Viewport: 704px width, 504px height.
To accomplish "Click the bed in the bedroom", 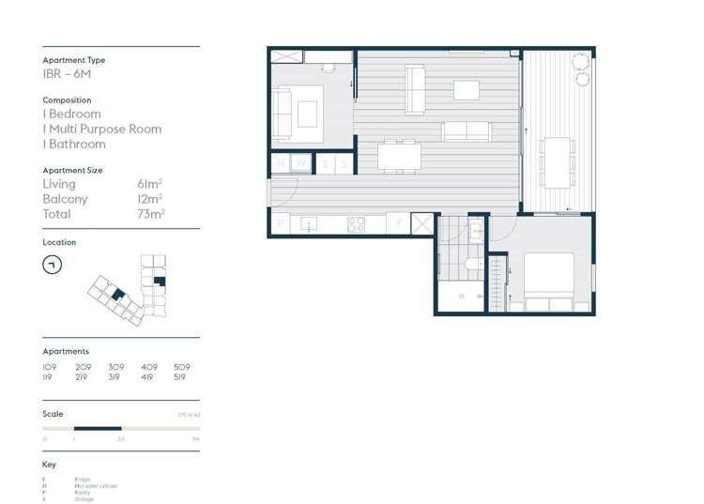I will point(549,279).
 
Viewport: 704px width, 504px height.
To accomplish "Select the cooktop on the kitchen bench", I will point(357,224).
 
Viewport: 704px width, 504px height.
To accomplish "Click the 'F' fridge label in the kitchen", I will point(398,224).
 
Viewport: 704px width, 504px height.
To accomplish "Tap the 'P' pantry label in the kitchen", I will point(280,224).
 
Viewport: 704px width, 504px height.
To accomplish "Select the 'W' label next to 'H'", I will point(300,163).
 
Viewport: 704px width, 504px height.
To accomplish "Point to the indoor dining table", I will point(399,155).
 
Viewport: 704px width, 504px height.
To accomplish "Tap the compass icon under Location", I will point(53,266).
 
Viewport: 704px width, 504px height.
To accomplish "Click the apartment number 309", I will point(115,367).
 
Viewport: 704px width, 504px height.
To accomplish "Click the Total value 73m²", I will point(150,214).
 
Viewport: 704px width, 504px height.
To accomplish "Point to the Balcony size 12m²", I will point(150,199).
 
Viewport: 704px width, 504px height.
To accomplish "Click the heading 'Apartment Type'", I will point(74,60).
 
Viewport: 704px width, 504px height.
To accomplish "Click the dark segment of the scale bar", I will point(98,429).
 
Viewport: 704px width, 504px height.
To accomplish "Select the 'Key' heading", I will point(50,465).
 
